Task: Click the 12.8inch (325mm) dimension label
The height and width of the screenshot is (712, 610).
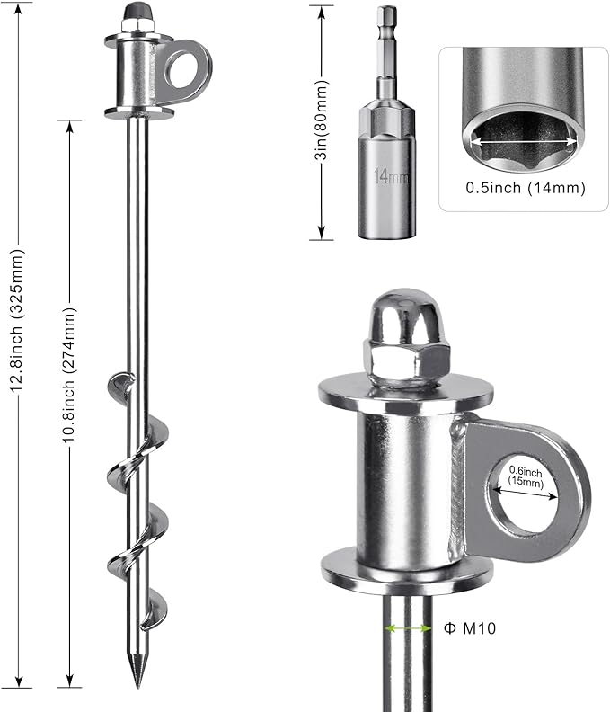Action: pyautogui.click(x=17, y=320)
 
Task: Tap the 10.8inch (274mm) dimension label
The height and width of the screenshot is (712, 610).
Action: pyautogui.click(x=69, y=375)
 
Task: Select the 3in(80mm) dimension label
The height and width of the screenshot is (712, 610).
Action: pyautogui.click(x=321, y=120)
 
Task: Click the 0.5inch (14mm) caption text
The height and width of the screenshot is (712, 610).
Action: pyautogui.click(x=526, y=188)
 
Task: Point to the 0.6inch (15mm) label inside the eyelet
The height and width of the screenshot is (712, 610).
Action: pyautogui.click(x=526, y=476)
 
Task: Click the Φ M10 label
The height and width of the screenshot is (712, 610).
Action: pyautogui.click(x=470, y=628)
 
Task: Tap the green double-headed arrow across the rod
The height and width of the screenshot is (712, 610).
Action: pyautogui.click(x=408, y=628)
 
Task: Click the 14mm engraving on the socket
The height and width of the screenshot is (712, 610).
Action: pyautogui.click(x=391, y=175)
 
